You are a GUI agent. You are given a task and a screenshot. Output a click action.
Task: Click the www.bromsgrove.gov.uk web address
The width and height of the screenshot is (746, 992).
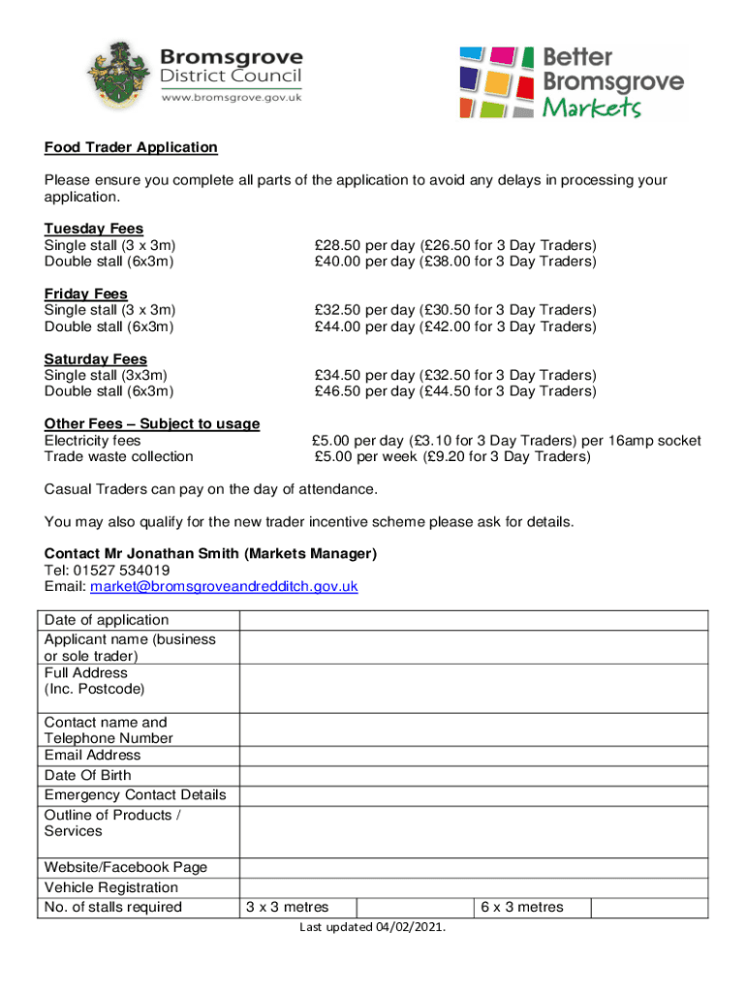232,97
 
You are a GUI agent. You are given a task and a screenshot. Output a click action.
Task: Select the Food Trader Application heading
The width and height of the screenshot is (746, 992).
131,147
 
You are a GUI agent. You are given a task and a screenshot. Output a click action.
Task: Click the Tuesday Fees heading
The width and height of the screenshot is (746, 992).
94,229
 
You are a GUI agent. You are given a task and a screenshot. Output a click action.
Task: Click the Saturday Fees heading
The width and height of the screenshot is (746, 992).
96,358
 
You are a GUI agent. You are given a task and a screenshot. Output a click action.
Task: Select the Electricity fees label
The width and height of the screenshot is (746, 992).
92,441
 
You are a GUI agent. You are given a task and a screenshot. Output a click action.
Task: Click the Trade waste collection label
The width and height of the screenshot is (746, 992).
118,456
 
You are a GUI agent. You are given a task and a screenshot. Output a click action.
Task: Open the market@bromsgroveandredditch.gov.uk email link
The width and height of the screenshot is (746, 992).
224,587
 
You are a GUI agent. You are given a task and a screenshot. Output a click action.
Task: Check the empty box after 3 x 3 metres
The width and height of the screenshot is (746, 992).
416,908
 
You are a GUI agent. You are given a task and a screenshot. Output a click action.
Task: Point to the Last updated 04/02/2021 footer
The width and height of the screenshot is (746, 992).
373,928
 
